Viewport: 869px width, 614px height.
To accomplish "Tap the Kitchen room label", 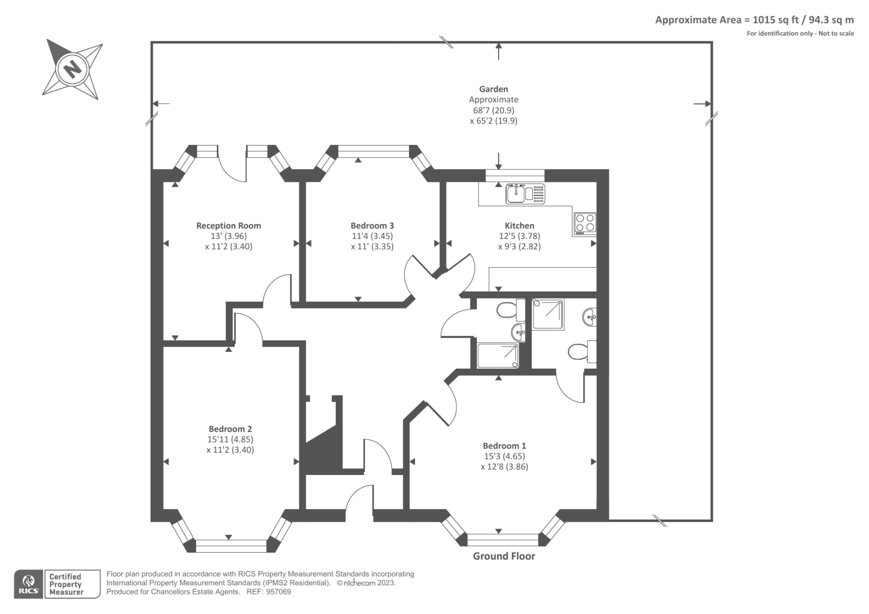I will [519, 225].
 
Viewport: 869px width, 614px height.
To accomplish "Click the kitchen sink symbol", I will [525, 194].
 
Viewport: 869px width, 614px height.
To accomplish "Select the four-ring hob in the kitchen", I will [584, 223].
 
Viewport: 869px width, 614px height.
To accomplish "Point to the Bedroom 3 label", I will [372, 225].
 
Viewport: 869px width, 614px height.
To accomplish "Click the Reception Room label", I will [228, 225].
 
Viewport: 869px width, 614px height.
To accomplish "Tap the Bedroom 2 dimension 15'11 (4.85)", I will [230, 439].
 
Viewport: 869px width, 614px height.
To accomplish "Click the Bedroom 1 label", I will [504, 446].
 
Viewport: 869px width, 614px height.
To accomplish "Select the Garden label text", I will [493, 89].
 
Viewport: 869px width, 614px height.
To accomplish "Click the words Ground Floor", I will [503, 556].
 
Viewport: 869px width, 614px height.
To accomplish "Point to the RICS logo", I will [28, 584].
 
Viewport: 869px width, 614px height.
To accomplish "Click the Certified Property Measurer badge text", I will [66, 584].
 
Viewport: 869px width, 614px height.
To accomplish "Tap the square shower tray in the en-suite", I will [547, 314].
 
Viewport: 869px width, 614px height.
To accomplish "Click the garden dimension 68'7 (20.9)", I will [493, 110].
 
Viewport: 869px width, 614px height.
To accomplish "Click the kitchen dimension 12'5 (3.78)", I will [519, 236].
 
